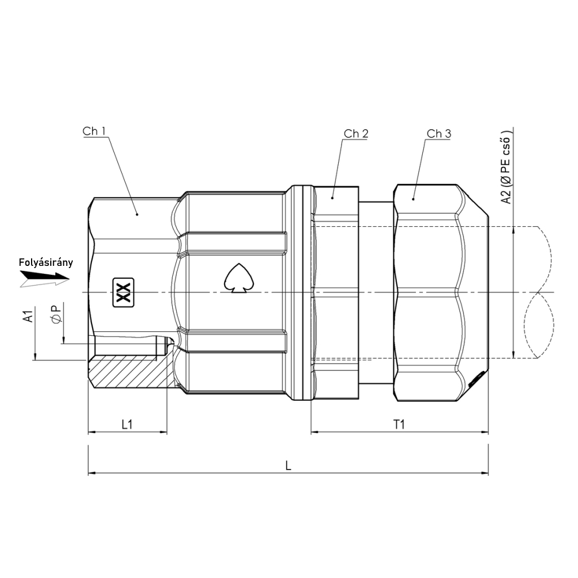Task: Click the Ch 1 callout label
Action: pyautogui.click(x=94, y=131)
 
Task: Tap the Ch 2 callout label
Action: pyautogui.click(x=356, y=133)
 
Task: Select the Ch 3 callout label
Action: pyautogui.click(x=439, y=133)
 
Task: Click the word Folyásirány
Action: pyautogui.click(x=46, y=262)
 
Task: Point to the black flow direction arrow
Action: pyautogui.click(x=45, y=275)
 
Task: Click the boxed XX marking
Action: pyautogui.click(x=123, y=292)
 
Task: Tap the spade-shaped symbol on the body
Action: pyautogui.click(x=239, y=278)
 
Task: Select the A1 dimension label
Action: pyautogui.click(x=28, y=316)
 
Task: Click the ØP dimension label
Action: pyautogui.click(x=57, y=313)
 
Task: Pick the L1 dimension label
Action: pyautogui.click(x=127, y=424)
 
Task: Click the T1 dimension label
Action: pyautogui.click(x=399, y=424)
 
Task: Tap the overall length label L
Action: pyautogui.click(x=288, y=466)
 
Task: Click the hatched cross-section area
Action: pyautogui.click(x=129, y=371)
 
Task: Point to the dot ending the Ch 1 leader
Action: pyautogui.click(x=137, y=214)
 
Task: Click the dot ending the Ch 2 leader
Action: pyautogui.click(x=332, y=198)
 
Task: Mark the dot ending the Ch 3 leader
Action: pyautogui.click(x=413, y=199)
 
